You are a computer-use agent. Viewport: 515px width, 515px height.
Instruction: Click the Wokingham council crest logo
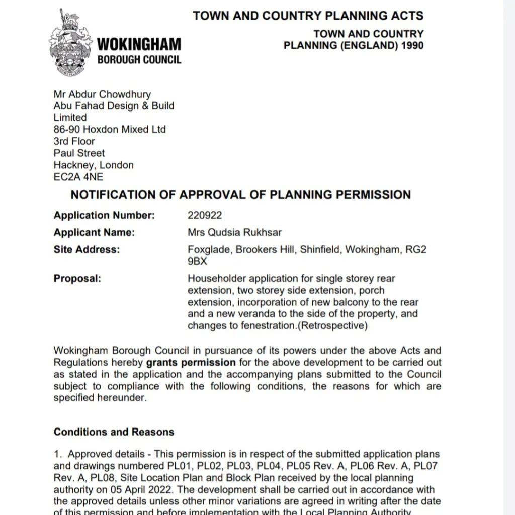point(70,42)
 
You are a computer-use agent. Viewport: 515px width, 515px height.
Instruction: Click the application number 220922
point(205,216)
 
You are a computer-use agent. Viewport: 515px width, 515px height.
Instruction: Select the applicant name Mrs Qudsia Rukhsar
point(234,233)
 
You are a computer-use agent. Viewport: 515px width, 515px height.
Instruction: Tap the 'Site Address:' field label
point(87,250)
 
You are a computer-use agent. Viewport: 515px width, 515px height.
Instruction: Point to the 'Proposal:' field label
point(77,279)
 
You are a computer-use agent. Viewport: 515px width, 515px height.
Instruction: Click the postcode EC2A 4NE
point(78,177)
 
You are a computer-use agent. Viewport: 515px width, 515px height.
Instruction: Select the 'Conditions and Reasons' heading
point(114,432)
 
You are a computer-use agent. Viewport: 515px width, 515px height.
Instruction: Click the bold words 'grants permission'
point(191,363)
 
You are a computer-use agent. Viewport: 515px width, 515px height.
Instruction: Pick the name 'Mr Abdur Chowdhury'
point(102,94)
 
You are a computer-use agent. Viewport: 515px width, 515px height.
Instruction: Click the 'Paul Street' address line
point(79,153)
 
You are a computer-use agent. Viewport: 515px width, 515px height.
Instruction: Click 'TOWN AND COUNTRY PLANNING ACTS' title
point(308,16)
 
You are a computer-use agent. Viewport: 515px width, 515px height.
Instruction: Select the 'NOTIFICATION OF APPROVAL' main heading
point(240,195)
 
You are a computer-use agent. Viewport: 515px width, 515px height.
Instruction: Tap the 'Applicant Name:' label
point(95,233)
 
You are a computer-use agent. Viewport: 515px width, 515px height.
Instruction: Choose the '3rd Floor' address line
point(74,141)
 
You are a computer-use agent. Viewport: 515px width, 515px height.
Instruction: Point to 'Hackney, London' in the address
point(94,165)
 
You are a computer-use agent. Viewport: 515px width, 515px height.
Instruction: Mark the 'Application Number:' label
point(104,216)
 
